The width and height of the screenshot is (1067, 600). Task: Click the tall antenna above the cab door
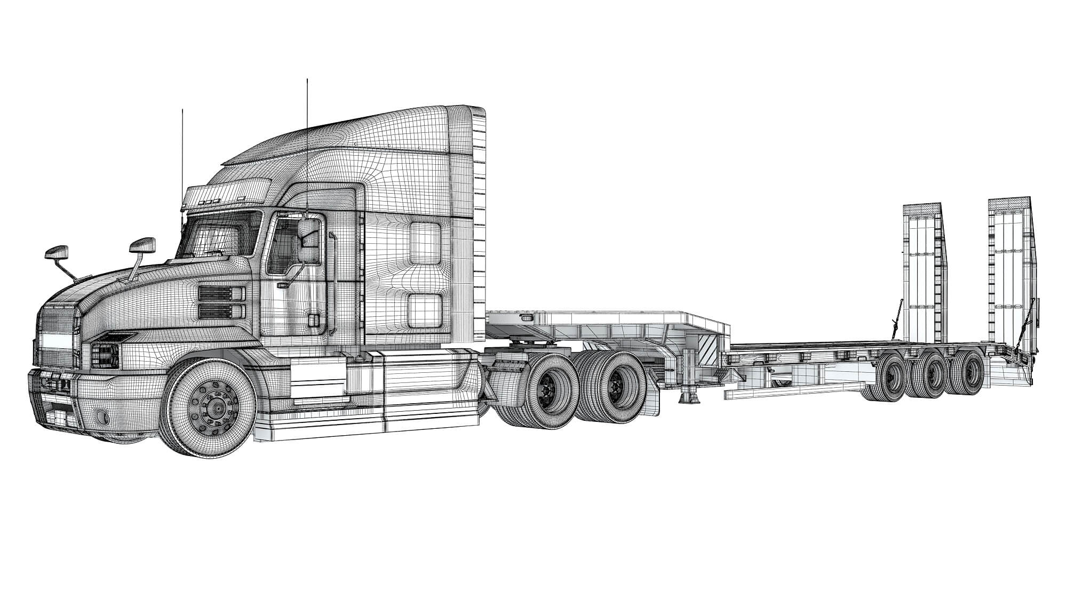pos(307,133)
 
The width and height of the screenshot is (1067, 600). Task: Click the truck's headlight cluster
pos(107,352)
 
